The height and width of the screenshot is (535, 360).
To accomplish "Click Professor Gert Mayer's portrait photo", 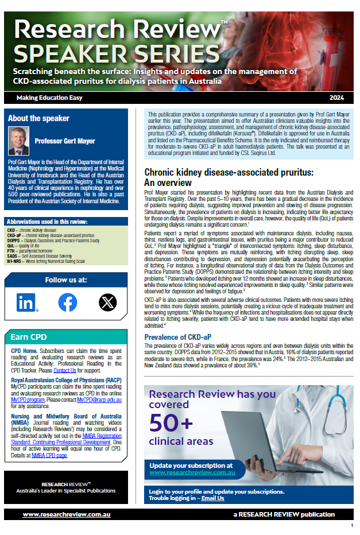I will [x=19, y=141].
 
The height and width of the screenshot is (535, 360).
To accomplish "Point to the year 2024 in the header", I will [x=337, y=97].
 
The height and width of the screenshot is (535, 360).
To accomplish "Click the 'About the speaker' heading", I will [x=38, y=119].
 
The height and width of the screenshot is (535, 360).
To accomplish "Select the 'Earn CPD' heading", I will [x=29, y=336].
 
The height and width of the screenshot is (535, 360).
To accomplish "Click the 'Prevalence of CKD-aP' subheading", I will [x=178, y=337].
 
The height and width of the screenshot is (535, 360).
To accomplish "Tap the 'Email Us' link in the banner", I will [x=212, y=498].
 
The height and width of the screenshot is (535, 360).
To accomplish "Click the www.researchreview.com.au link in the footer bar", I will [x=67, y=514].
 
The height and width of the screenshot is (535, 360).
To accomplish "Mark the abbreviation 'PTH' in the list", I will [x=11, y=251].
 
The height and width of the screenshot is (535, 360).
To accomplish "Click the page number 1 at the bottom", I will [x=351, y=526].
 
